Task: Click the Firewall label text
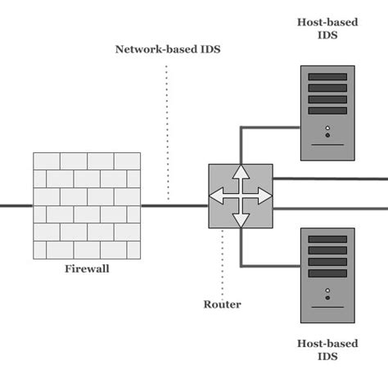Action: point(87,268)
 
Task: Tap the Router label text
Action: point(222,305)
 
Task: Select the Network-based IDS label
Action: point(167,49)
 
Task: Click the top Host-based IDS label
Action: point(327,29)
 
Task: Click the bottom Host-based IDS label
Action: point(327,350)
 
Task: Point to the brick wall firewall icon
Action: point(87,205)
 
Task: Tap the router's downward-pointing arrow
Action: point(240,218)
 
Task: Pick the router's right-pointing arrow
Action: point(262,196)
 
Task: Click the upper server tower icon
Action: point(327,113)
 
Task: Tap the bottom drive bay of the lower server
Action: point(327,273)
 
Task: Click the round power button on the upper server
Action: point(327,129)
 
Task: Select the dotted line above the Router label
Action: point(222,262)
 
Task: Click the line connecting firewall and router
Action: point(174,205)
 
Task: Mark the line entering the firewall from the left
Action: point(16,205)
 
